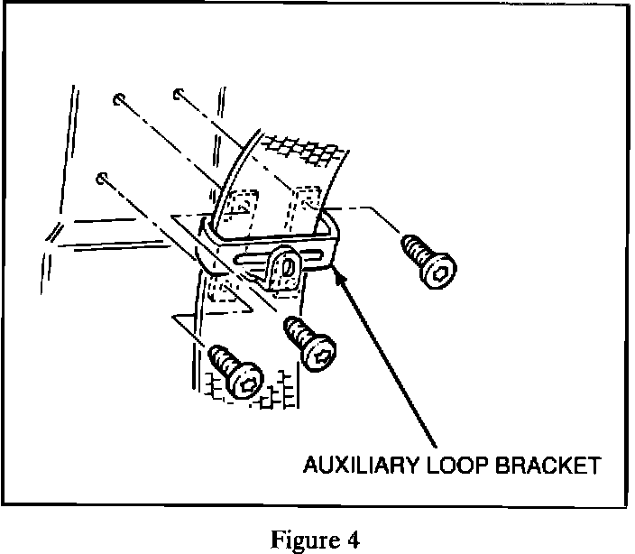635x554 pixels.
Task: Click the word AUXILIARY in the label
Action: [x=355, y=466]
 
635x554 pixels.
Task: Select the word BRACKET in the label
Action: [x=542, y=466]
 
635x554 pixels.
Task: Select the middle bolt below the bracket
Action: [x=308, y=344]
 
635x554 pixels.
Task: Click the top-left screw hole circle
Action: [x=118, y=97]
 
